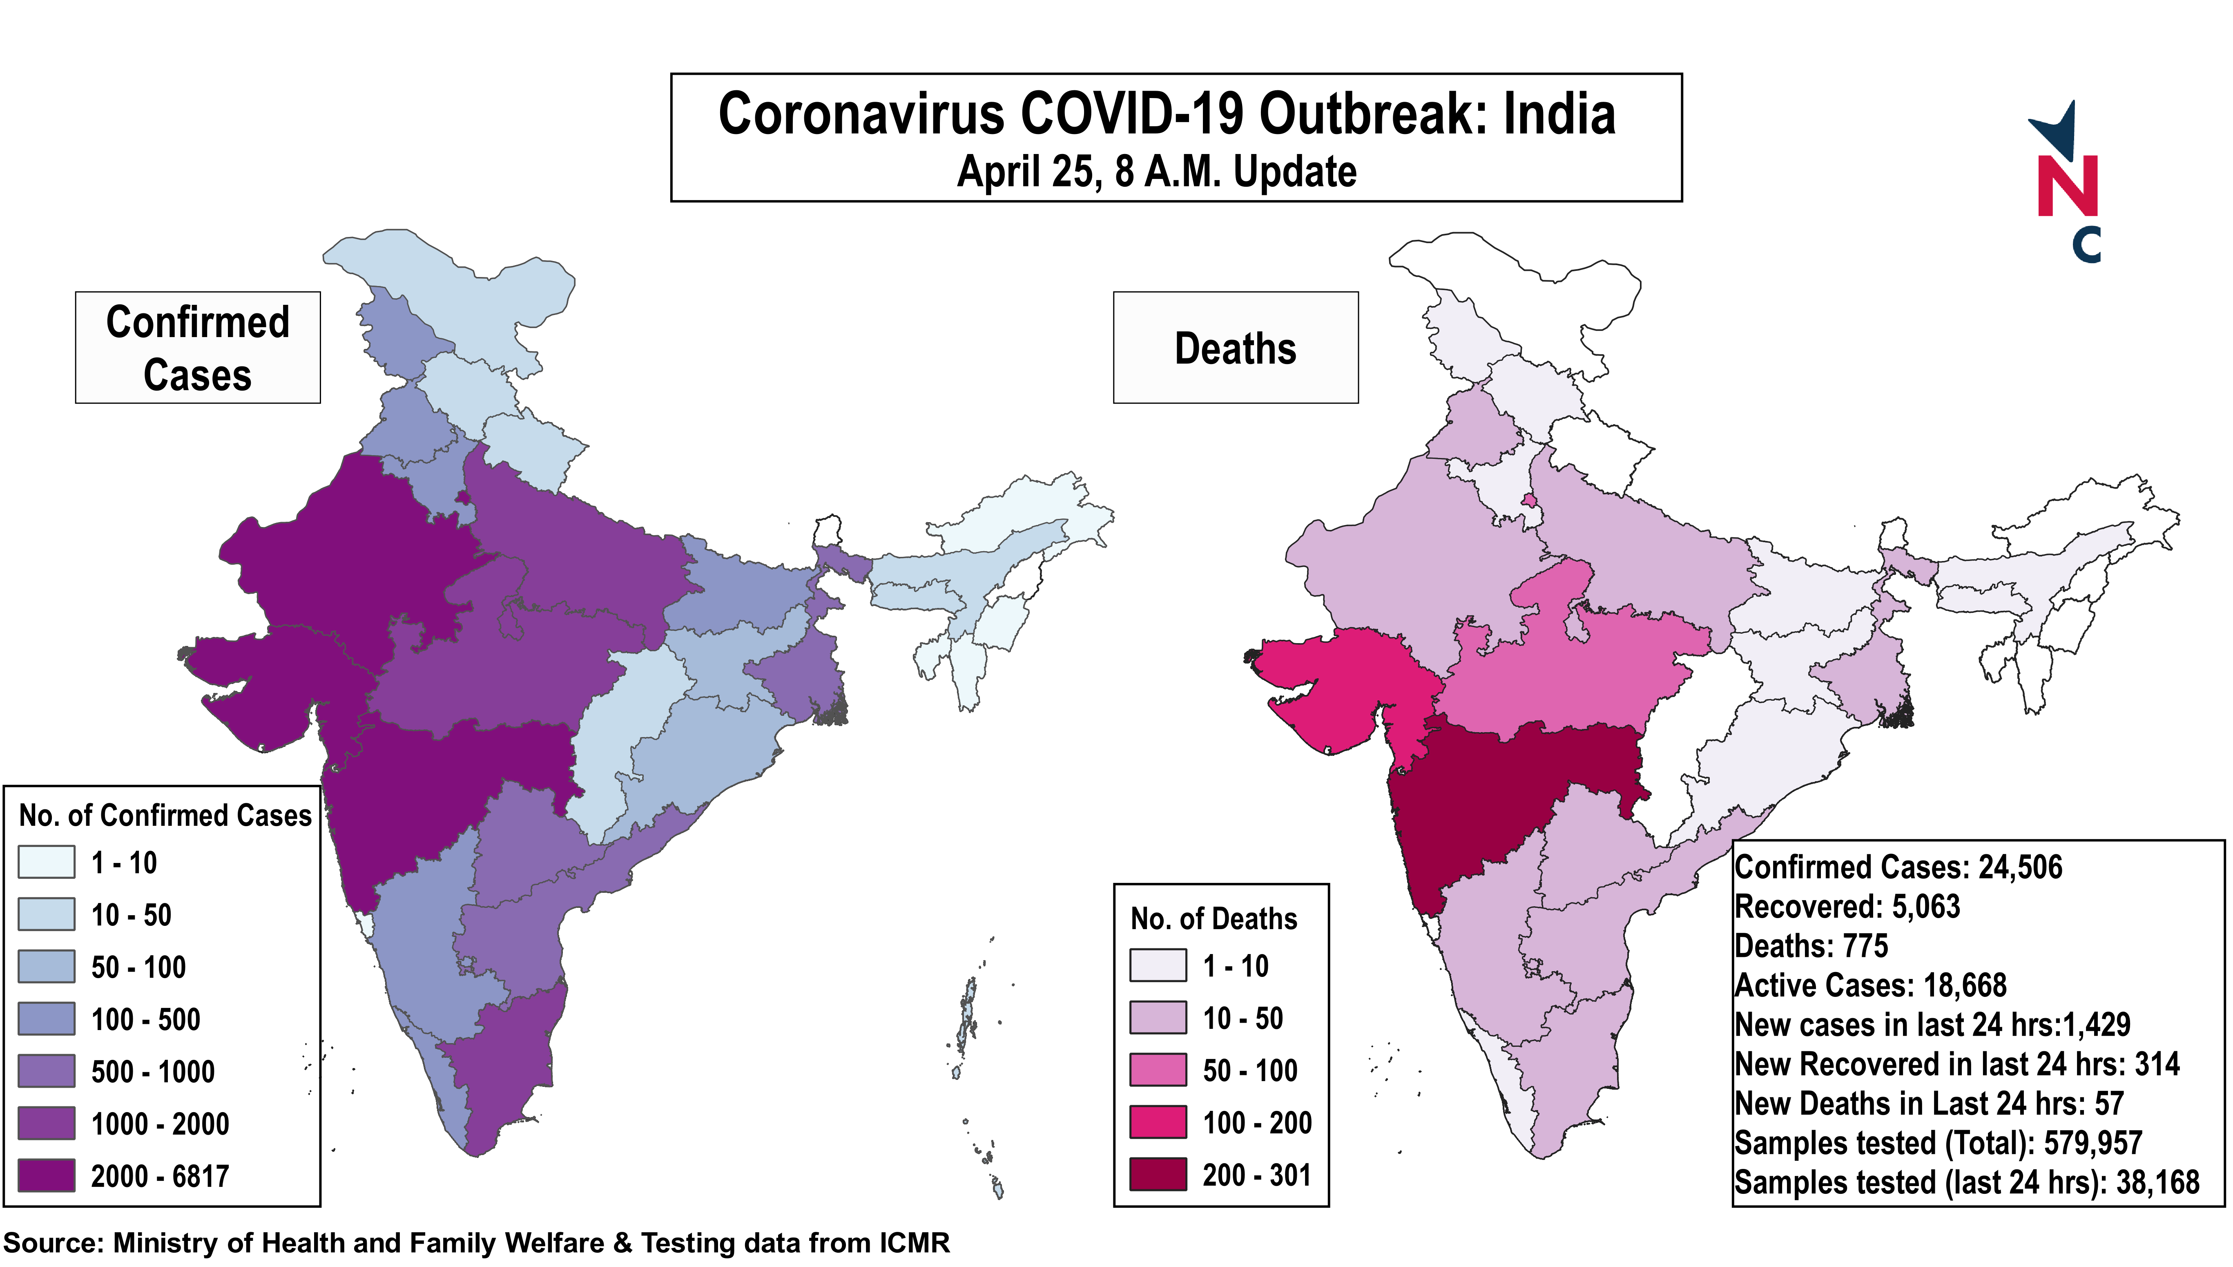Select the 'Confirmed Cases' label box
197,347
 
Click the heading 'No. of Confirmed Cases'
165,816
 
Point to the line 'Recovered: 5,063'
1847,907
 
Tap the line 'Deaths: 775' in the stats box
1811,946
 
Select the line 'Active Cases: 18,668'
1870,985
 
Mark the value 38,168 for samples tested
2157,1182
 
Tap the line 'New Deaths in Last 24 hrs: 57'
1929,1104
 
